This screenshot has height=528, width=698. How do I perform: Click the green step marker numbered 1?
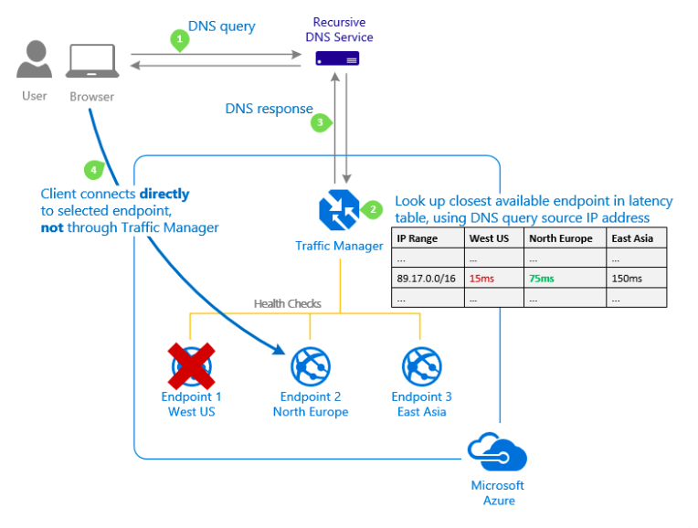tap(180, 40)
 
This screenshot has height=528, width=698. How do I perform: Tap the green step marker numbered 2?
tap(372, 208)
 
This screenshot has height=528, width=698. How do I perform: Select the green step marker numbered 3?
tap(320, 121)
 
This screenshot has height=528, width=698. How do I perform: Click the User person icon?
tap(34, 61)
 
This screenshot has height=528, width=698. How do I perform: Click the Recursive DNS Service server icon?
tap(337, 59)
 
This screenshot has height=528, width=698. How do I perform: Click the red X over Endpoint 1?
tap(192, 364)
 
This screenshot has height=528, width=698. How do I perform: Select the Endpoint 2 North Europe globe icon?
tap(311, 365)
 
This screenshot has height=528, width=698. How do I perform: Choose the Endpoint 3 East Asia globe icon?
tap(421, 365)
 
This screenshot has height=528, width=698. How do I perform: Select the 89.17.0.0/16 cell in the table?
tap(426, 278)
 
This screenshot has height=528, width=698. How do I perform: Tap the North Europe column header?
tap(561, 238)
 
